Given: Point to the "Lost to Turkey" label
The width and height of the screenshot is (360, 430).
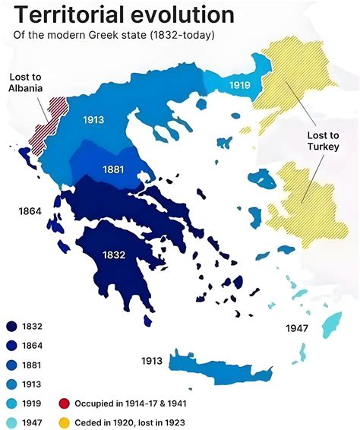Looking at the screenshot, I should [x=323, y=141].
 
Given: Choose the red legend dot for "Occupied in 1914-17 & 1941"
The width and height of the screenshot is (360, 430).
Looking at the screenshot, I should [x=65, y=403].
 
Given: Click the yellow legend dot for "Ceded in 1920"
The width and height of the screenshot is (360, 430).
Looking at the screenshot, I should [x=65, y=422].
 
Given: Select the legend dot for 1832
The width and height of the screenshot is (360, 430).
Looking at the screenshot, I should [x=11, y=327].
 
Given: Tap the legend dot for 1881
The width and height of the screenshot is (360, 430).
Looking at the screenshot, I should [x=11, y=365].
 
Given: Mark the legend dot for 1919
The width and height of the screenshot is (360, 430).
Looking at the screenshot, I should [x=11, y=403].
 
